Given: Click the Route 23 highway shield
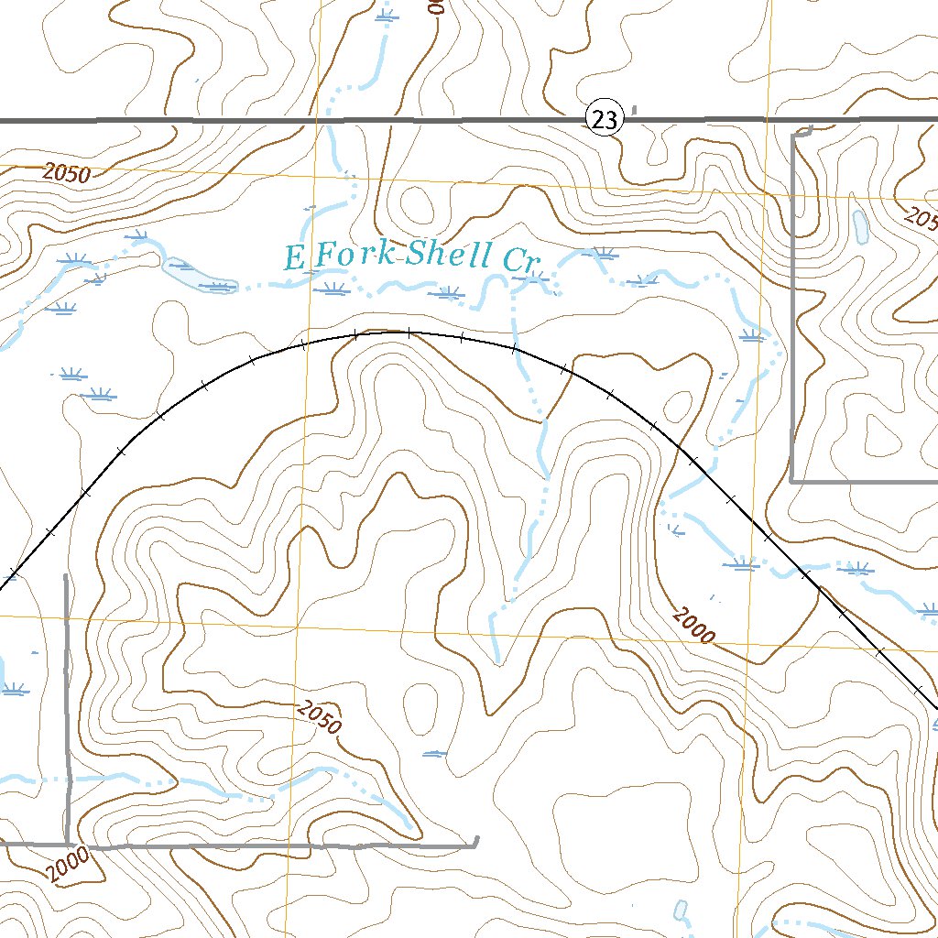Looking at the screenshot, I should (605, 119).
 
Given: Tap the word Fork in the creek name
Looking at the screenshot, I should (354, 256).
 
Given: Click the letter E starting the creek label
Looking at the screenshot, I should (293, 258).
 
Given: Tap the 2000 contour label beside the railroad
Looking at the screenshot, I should (693, 626).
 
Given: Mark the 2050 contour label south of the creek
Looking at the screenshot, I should (319, 717).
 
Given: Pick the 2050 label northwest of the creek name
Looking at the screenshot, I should (66, 173).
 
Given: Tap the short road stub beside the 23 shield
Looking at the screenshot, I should (634, 111).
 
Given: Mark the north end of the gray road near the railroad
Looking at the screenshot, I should (66, 576).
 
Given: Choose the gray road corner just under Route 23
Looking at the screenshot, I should (793, 136).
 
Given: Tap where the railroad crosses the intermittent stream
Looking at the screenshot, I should (515, 349).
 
